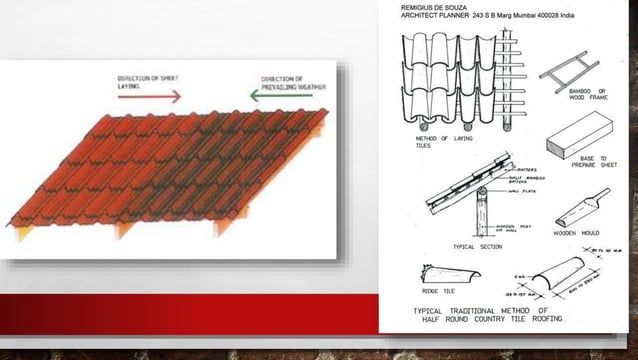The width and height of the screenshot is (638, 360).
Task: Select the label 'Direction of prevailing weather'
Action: [282, 83]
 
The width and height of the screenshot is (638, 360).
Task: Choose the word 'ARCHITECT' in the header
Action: [424, 17]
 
